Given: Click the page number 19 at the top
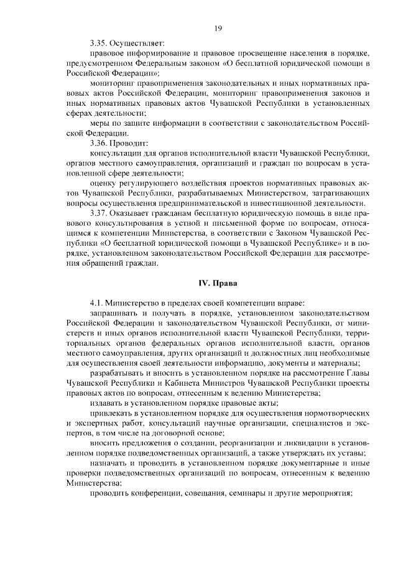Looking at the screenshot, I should [218, 27].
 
